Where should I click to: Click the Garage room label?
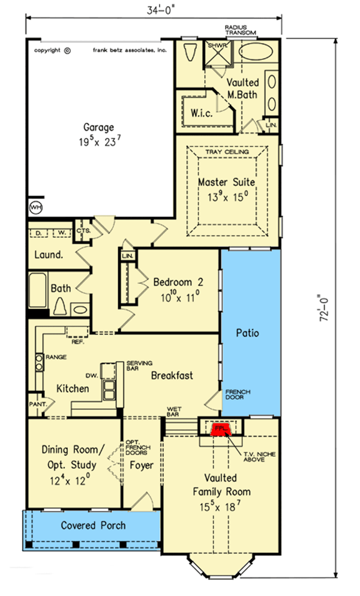(98, 127)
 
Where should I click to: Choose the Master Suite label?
(227, 181)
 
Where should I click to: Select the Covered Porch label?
(94, 525)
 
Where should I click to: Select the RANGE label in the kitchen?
(56, 357)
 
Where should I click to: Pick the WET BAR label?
(174, 412)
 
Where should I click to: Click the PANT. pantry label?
(37, 404)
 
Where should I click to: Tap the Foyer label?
(142, 465)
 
